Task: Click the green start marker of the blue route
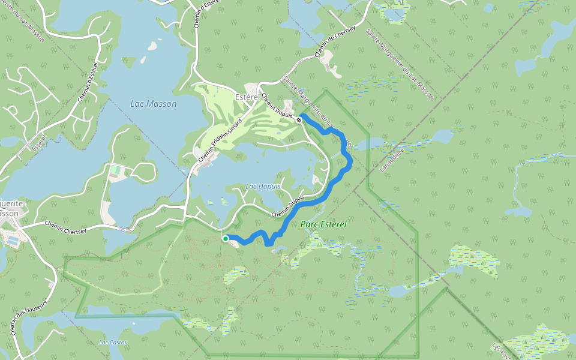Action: click(226, 239)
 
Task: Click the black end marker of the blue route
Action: click(299, 120)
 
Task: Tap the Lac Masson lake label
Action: click(154, 104)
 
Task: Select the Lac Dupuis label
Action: click(263, 187)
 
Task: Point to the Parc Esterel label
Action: click(323, 224)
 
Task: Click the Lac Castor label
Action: click(113, 342)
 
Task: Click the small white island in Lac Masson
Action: click(152, 46)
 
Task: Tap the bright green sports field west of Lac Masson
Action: click(115, 171)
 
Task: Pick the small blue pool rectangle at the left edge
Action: click(12, 241)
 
